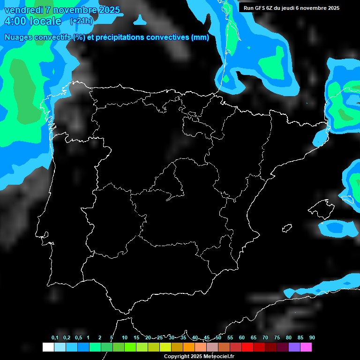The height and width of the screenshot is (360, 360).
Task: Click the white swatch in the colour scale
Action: point(48,347)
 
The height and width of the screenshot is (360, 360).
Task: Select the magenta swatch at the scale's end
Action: point(306,347)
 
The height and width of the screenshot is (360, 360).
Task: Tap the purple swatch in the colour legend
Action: point(294,347)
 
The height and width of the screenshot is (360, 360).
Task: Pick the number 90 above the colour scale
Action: point(312,337)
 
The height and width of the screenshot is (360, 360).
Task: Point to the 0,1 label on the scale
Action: point(55,337)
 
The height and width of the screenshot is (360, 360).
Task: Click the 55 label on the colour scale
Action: point(230,337)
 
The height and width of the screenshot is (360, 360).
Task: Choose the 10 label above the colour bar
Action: point(124,337)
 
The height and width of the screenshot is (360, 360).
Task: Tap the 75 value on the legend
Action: point(277,337)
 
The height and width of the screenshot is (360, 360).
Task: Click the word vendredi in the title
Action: point(23,10)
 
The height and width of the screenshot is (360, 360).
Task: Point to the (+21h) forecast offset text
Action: point(81,21)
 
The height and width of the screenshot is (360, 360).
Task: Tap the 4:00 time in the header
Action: point(15,21)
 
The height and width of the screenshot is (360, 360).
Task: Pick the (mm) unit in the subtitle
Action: point(200,37)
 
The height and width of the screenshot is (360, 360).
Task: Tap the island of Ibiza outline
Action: point(287,228)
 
